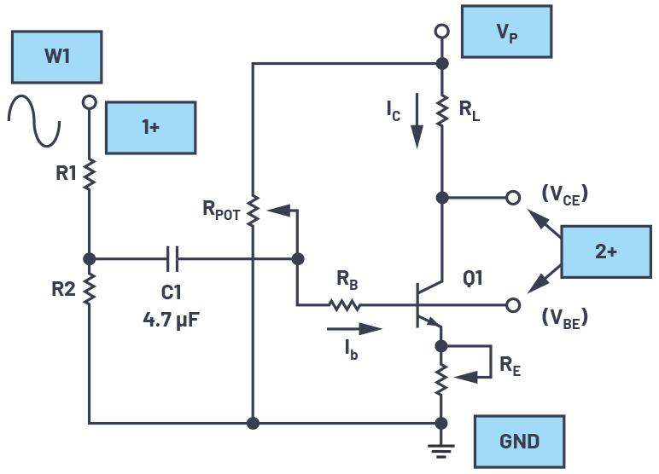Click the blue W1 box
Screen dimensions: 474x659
click(x=57, y=57)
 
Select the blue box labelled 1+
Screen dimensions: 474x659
click(x=150, y=127)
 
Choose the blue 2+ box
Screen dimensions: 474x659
click(x=605, y=251)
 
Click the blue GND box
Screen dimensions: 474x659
click(x=519, y=442)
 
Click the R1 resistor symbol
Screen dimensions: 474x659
click(x=89, y=175)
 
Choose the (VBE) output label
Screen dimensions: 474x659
click(x=565, y=317)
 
